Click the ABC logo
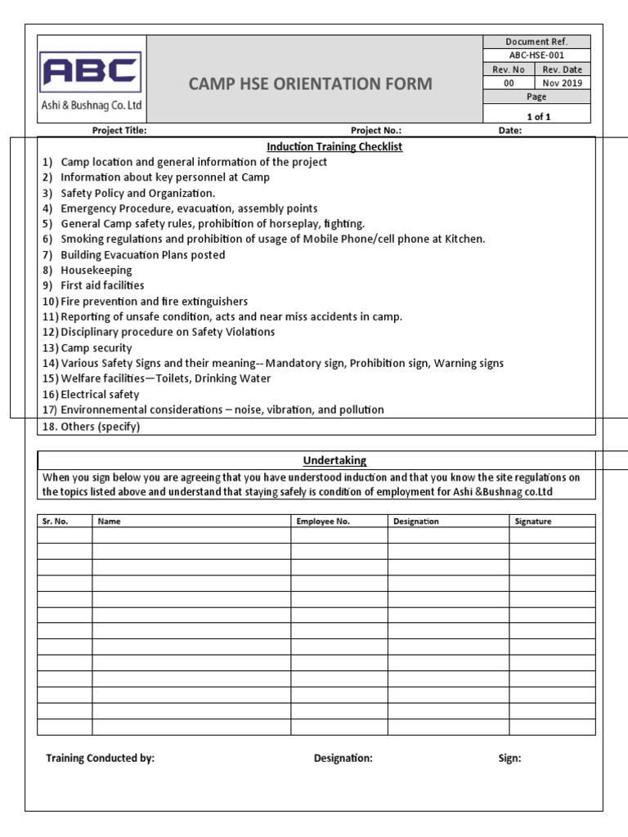click(x=91, y=72)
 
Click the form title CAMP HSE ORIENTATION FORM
click(x=312, y=84)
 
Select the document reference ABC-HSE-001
click(x=536, y=56)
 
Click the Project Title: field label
click(x=119, y=130)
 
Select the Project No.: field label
click(x=376, y=130)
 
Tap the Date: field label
click(x=510, y=130)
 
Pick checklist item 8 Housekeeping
click(x=96, y=271)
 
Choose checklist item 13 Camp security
click(x=96, y=347)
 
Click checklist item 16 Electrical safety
click(x=100, y=394)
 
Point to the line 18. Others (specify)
click(x=91, y=427)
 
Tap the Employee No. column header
click(x=323, y=521)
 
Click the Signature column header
click(x=533, y=521)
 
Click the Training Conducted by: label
click(x=100, y=759)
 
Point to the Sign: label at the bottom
click(x=509, y=759)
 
